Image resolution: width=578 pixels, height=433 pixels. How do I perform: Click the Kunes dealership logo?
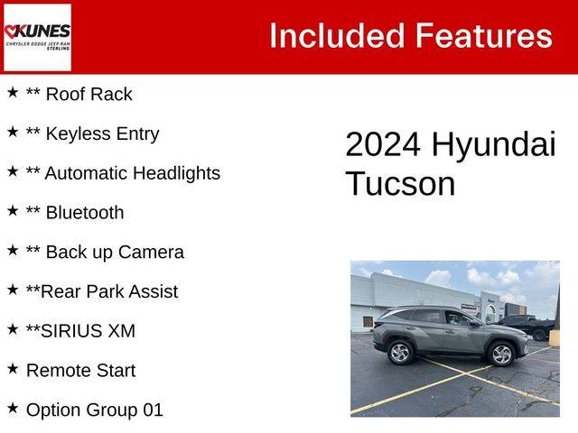[x=37, y=37]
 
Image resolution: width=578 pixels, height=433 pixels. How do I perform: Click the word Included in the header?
[x=337, y=36]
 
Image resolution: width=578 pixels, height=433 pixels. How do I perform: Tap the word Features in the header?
[x=484, y=36]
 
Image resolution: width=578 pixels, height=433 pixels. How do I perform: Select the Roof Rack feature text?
[x=89, y=94]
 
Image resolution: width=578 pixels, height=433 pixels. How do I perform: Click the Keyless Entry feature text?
[x=102, y=134]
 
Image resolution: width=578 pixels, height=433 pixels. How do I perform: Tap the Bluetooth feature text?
[x=85, y=213]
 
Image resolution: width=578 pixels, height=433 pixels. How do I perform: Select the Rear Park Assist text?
[x=109, y=291]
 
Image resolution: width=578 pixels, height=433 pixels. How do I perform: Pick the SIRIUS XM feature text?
[x=88, y=331]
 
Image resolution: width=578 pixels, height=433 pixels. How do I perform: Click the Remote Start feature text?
[x=80, y=371]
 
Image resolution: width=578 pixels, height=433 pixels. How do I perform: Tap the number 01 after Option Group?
[x=153, y=410]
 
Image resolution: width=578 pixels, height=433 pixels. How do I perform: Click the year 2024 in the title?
[x=383, y=144]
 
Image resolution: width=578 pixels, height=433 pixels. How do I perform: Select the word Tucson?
[x=401, y=183]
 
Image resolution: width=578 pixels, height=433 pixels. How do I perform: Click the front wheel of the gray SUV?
[x=502, y=355]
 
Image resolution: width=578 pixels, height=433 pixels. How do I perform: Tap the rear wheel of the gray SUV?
[x=401, y=353]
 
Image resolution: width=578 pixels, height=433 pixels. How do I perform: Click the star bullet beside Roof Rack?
[x=13, y=92]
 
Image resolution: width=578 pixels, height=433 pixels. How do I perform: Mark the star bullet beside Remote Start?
[x=13, y=368]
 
